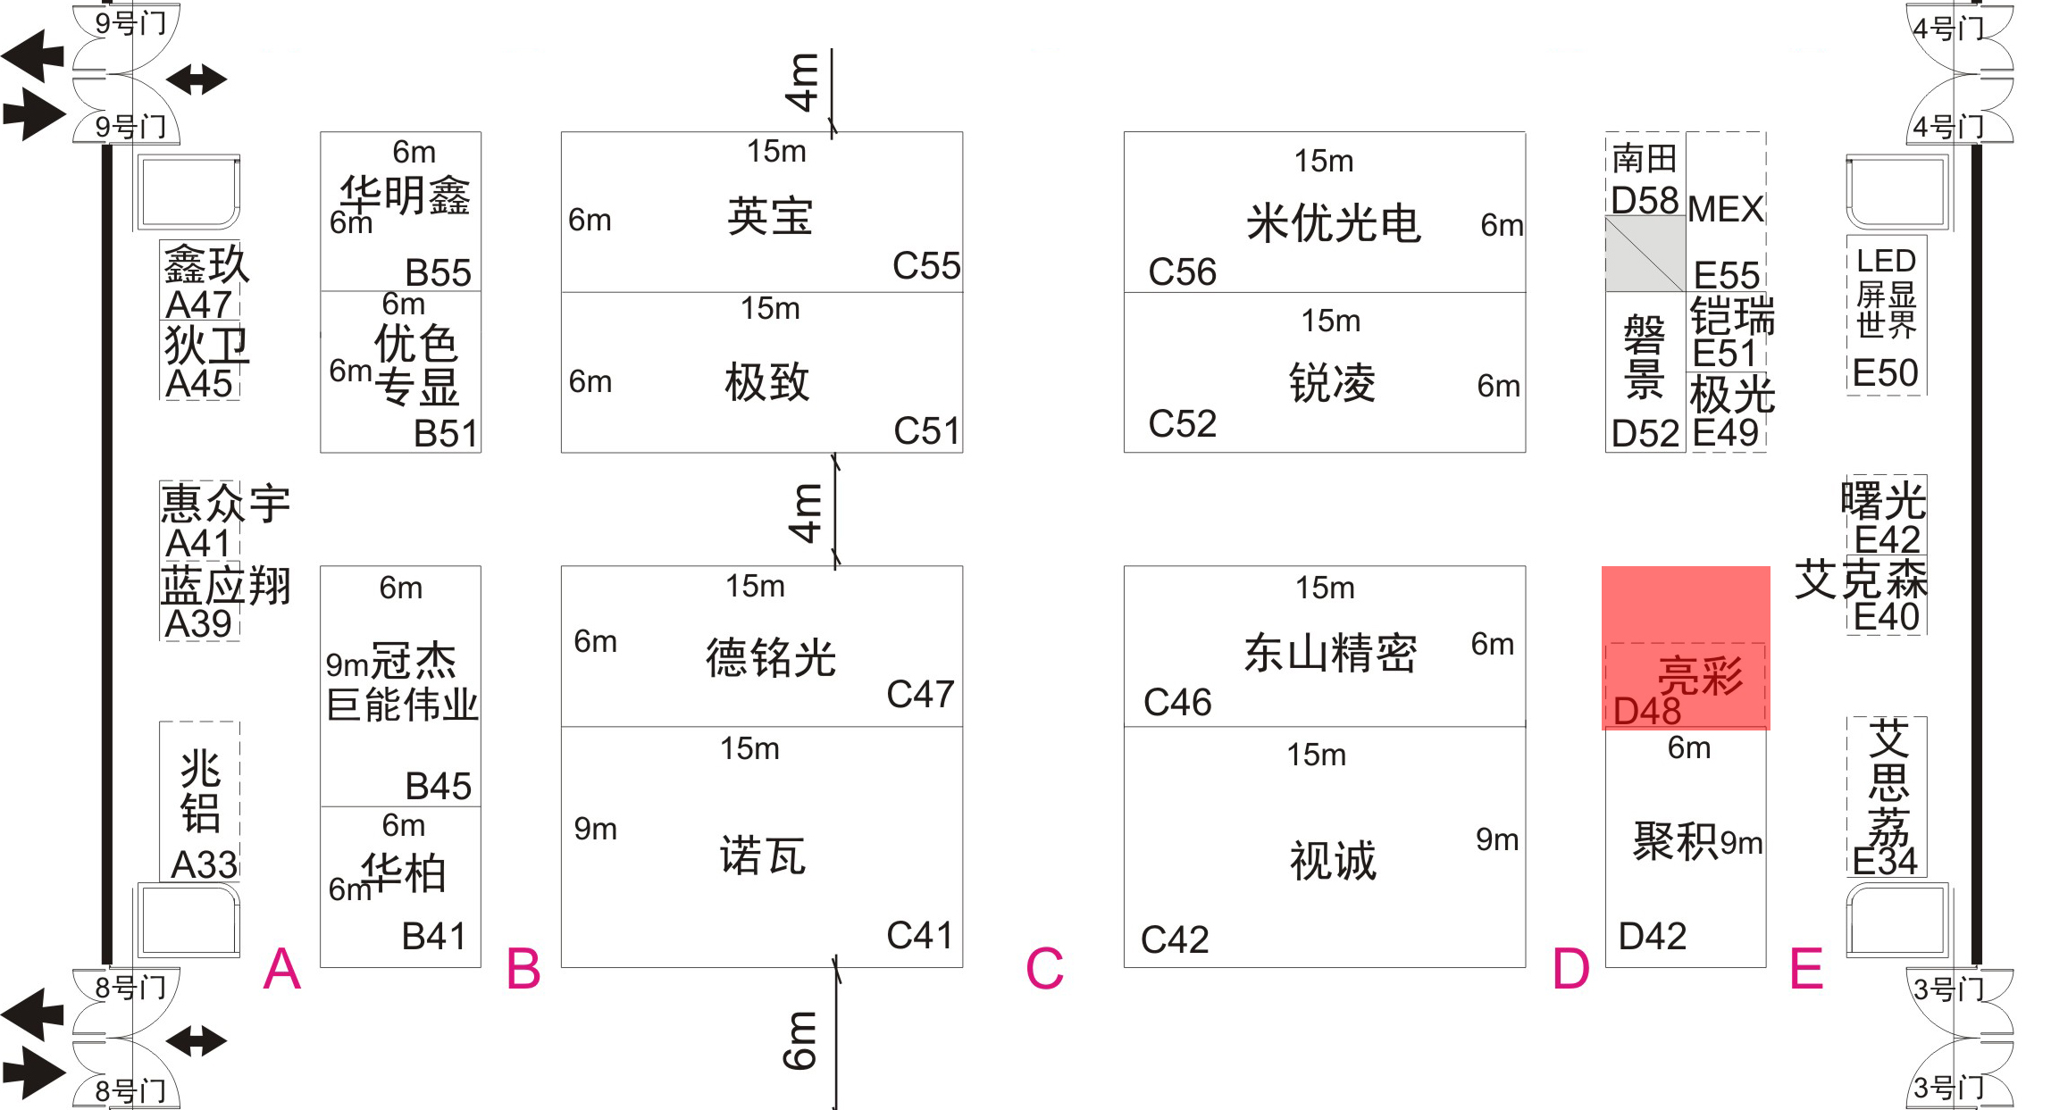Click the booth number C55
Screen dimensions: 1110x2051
(x=926, y=266)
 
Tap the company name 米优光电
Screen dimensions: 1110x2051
(x=1333, y=222)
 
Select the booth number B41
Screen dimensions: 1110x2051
(x=434, y=937)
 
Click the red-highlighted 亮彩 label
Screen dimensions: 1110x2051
(x=1700, y=675)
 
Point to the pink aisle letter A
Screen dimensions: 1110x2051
(x=282, y=969)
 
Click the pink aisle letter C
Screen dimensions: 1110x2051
(x=1044, y=969)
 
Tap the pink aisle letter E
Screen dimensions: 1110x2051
(x=1806, y=969)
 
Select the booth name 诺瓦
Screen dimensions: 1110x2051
(x=763, y=855)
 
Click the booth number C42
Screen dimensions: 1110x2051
(x=1175, y=939)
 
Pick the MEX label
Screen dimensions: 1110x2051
(x=1726, y=210)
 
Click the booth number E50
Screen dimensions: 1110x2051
(x=1885, y=372)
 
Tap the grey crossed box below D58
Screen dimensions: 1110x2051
(x=1645, y=254)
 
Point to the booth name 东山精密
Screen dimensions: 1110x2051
(x=1330, y=653)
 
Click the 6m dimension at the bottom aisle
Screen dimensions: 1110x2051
(x=800, y=1040)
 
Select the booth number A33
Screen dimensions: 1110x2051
(x=205, y=864)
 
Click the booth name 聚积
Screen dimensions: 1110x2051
(x=1675, y=840)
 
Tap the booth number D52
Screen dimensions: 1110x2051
(x=1645, y=434)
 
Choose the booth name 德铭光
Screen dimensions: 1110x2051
(x=771, y=658)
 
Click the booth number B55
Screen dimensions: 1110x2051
(x=438, y=273)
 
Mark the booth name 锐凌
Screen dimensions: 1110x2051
(x=1332, y=383)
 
